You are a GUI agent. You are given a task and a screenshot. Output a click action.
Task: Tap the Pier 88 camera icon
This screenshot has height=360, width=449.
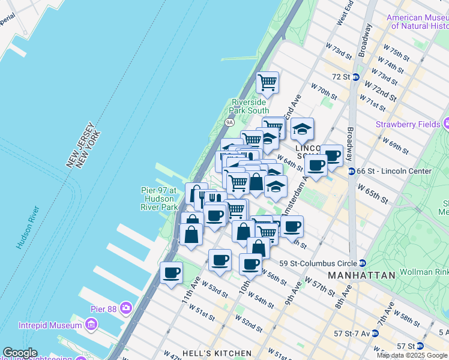click(125, 308)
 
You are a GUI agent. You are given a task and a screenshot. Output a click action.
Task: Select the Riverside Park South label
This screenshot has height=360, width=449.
click(250, 106)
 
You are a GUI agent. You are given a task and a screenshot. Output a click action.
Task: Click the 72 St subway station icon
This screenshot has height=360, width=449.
click(355, 77)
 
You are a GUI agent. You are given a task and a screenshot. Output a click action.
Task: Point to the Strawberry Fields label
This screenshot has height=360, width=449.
click(408, 124)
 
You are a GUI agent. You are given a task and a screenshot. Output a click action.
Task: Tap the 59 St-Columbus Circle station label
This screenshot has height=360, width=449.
click(319, 263)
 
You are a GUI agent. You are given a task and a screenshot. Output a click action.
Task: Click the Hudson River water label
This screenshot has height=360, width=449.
click(28, 227)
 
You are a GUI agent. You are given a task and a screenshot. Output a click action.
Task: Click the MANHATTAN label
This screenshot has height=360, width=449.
click(362, 275)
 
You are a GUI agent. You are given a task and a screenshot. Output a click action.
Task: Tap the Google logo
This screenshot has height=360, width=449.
click(20, 353)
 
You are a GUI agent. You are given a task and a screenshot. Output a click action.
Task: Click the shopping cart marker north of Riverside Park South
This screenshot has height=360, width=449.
click(267, 82)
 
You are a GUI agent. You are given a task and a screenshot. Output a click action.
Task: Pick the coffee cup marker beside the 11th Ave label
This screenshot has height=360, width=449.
click(172, 272)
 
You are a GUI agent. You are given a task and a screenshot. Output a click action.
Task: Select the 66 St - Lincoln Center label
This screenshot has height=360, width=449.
click(395, 171)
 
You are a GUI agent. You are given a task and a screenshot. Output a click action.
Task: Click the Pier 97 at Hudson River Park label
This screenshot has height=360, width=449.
click(160, 199)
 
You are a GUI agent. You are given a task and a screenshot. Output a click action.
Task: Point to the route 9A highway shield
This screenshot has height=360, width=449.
click(229, 122)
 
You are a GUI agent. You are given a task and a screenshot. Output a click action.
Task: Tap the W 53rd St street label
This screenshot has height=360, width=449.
click(215, 290)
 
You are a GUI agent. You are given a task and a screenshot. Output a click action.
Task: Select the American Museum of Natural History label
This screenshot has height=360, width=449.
click(419, 22)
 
